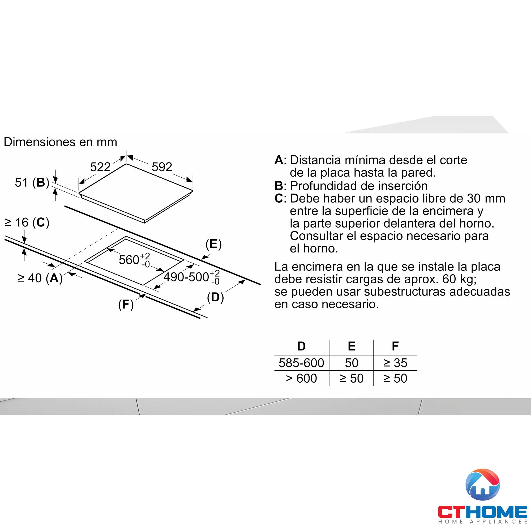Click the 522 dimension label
[100, 167]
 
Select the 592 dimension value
[162, 167]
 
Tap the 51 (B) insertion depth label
[32, 182]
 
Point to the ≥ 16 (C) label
[27, 222]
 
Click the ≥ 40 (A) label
[40, 278]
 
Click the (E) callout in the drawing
[213, 244]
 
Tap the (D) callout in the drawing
[215, 297]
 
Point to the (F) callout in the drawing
[126, 305]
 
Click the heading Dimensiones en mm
[61, 142]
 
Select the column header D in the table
[302, 346]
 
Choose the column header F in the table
[395, 346]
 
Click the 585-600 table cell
[302, 363]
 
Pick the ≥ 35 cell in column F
[395, 363]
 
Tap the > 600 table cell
[302, 378]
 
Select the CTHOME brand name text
[483, 512]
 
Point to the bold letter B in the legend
[279, 186]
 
